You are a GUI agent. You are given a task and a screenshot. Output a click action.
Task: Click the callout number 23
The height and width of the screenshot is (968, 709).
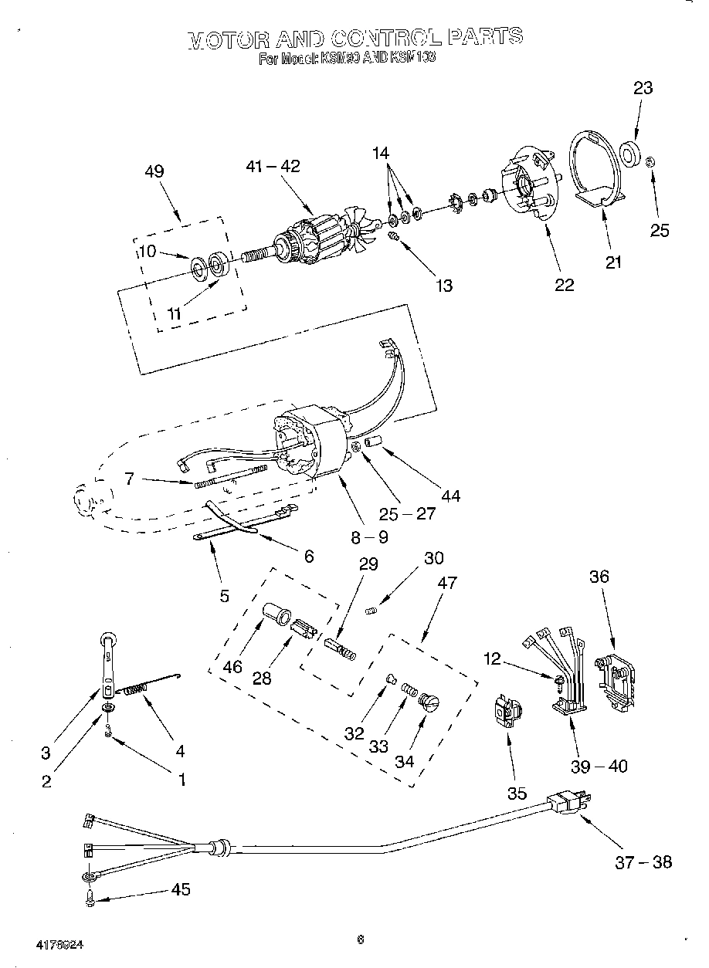click(x=643, y=88)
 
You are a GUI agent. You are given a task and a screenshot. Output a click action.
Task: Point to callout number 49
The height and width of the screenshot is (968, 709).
click(x=154, y=171)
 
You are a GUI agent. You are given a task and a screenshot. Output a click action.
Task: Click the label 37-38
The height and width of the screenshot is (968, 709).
click(x=643, y=861)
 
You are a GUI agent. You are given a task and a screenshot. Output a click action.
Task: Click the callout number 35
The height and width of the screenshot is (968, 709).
click(x=516, y=793)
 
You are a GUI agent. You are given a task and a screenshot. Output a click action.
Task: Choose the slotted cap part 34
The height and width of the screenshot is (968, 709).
click(x=427, y=702)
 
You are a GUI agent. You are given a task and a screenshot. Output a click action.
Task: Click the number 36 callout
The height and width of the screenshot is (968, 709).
click(x=599, y=577)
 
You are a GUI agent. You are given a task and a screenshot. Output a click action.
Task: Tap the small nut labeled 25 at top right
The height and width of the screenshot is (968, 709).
click(x=650, y=162)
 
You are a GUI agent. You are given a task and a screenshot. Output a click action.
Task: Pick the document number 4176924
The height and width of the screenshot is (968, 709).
click(x=59, y=944)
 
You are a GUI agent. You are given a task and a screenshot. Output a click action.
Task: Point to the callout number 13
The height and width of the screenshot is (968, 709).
click(x=443, y=286)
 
